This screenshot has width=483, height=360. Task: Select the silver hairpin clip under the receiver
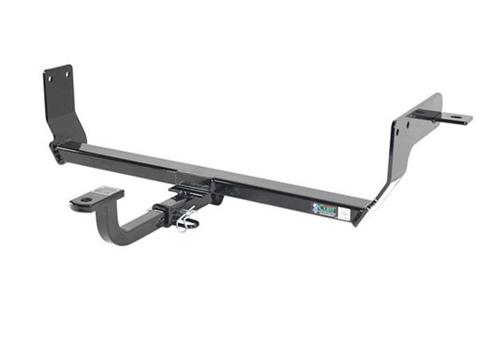[x=186, y=225]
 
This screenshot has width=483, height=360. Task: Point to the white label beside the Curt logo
[x=344, y=213]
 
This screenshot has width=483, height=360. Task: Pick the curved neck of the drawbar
[x=119, y=227]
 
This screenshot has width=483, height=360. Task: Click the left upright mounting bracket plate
[x=61, y=105]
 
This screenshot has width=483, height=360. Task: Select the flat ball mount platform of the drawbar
[x=95, y=198]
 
